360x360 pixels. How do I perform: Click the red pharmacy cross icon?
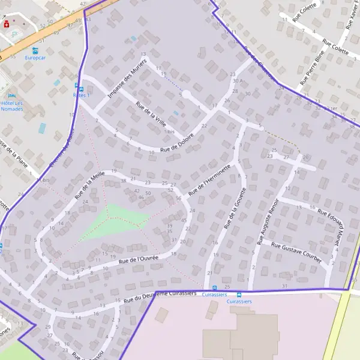coord(7,24)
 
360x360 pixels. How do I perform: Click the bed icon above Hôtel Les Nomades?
coord(11,95)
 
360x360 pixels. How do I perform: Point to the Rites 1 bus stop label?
coord(80,95)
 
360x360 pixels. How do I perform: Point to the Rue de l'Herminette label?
coord(209,181)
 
